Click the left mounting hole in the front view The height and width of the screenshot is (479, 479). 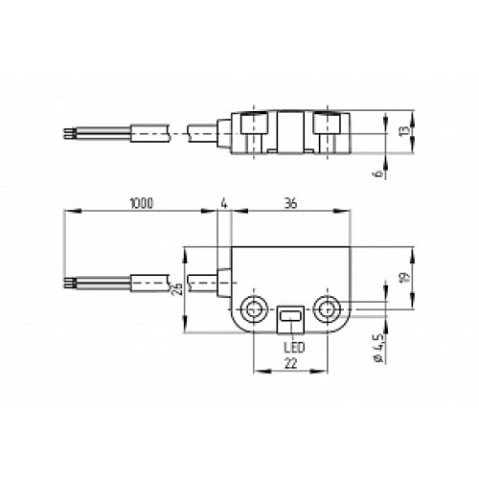tap(255, 309)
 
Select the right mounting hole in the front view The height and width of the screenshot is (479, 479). tap(328, 309)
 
